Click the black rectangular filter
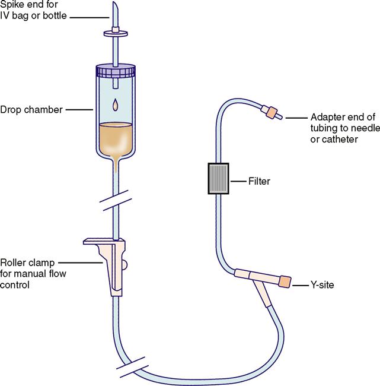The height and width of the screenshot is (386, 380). [218, 179]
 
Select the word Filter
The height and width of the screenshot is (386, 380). [259, 181]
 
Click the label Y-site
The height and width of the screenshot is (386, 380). [322, 285]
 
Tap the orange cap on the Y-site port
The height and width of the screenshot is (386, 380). [285, 281]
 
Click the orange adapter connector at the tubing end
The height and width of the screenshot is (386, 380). [272, 112]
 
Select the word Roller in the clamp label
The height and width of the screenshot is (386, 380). [12, 263]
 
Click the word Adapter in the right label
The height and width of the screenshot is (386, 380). [325, 118]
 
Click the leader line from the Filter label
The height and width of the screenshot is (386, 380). [238, 181]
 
